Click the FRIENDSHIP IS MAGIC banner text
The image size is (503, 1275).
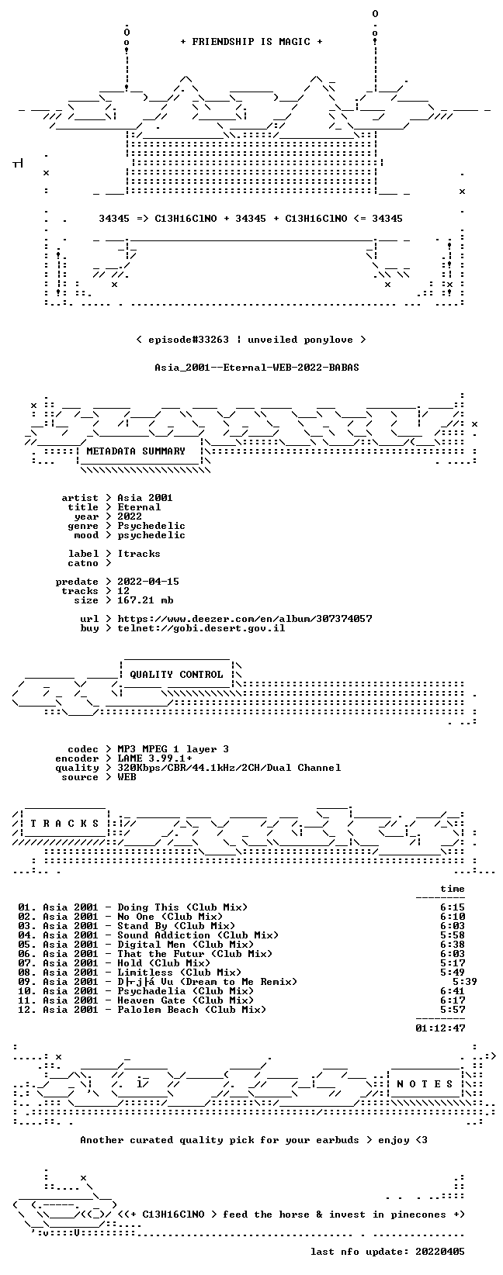251,42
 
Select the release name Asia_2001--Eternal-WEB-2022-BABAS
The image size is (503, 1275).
257,367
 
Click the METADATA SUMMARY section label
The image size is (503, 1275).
136,451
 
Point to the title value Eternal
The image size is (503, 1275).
139,507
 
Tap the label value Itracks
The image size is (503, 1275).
139,554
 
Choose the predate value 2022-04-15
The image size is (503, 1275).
148,582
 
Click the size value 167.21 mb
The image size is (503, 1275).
145,600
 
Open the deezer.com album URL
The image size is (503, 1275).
245,619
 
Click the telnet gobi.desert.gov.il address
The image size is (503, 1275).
201,628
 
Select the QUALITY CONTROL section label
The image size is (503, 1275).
176,675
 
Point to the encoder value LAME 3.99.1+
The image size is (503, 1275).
154,758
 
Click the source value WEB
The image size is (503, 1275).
127,777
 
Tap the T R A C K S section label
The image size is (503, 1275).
64,824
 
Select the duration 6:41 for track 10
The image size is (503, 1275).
453,991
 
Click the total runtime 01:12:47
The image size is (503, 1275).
440,1028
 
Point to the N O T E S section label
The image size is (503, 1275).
425,1083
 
